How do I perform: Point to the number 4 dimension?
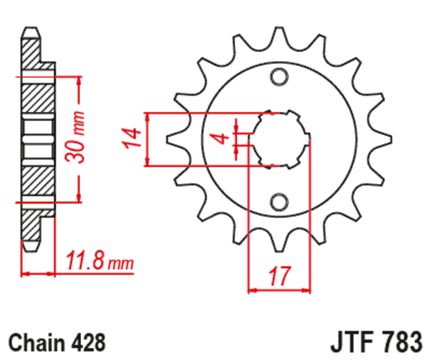click(x=221, y=138)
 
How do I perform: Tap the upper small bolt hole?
click(x=279, y=77)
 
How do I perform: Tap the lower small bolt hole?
click(x=279, y=201)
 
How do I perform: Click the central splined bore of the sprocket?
click(x=279, y=139)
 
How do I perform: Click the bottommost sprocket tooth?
click(x=279, y=245)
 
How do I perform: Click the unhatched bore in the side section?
click(x=38, y=139)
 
